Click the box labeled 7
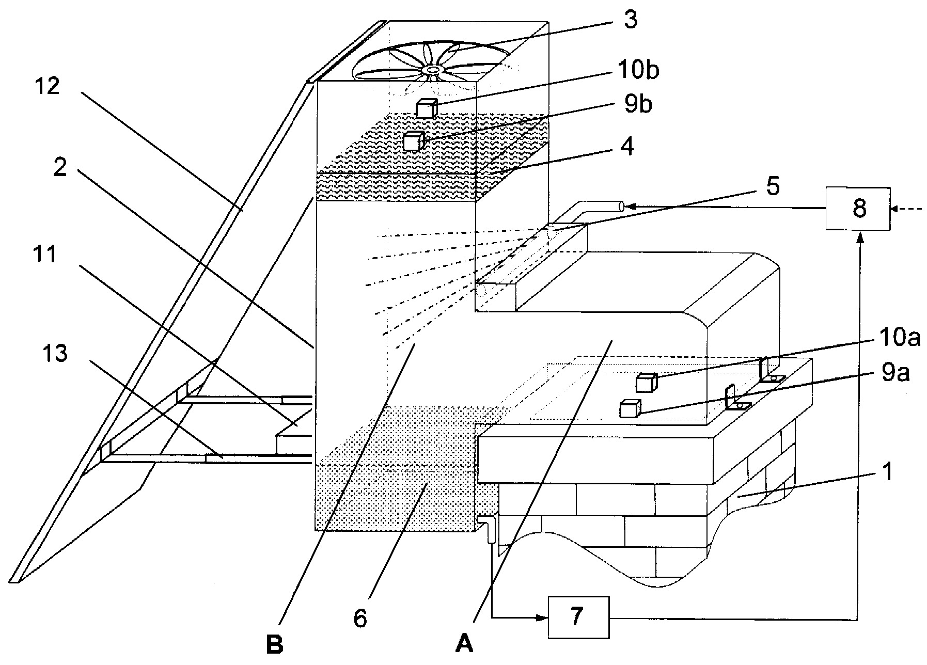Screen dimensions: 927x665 [579, 617]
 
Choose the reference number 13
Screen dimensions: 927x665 [55, 355]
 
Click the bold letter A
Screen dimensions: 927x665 [464, 643]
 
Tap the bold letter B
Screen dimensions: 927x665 [275, 644]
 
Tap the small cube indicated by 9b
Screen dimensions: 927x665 [414, 141]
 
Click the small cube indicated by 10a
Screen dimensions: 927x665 [646, 383]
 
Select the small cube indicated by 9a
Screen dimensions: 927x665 [630, 408]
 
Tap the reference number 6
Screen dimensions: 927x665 [360, 617]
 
